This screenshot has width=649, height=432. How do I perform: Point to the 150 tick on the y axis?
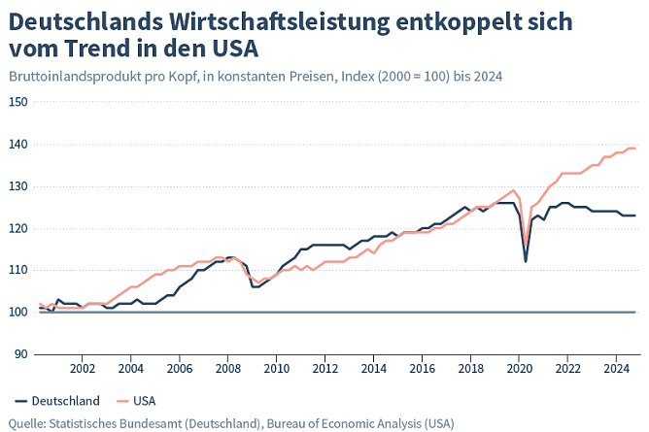(18, 102)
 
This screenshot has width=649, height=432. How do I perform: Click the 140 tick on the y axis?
(18, 145)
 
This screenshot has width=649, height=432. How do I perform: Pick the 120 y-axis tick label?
(18, 228)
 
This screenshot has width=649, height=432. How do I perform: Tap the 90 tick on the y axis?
(21, 354)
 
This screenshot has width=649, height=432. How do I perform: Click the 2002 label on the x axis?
(83, 369)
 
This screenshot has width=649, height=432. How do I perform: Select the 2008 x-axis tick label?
(227, 369)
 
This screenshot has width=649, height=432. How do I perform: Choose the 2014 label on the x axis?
(373, 369)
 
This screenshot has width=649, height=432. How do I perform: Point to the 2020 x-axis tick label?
(519, 369)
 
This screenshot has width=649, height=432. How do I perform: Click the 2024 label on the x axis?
(616, 369)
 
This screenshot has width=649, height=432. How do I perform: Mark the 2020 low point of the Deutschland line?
(526, 261)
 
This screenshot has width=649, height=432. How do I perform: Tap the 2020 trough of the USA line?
(526, 245)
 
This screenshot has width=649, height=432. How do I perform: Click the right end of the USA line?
(635, 149)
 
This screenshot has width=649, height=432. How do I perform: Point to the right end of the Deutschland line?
(635, 216)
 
